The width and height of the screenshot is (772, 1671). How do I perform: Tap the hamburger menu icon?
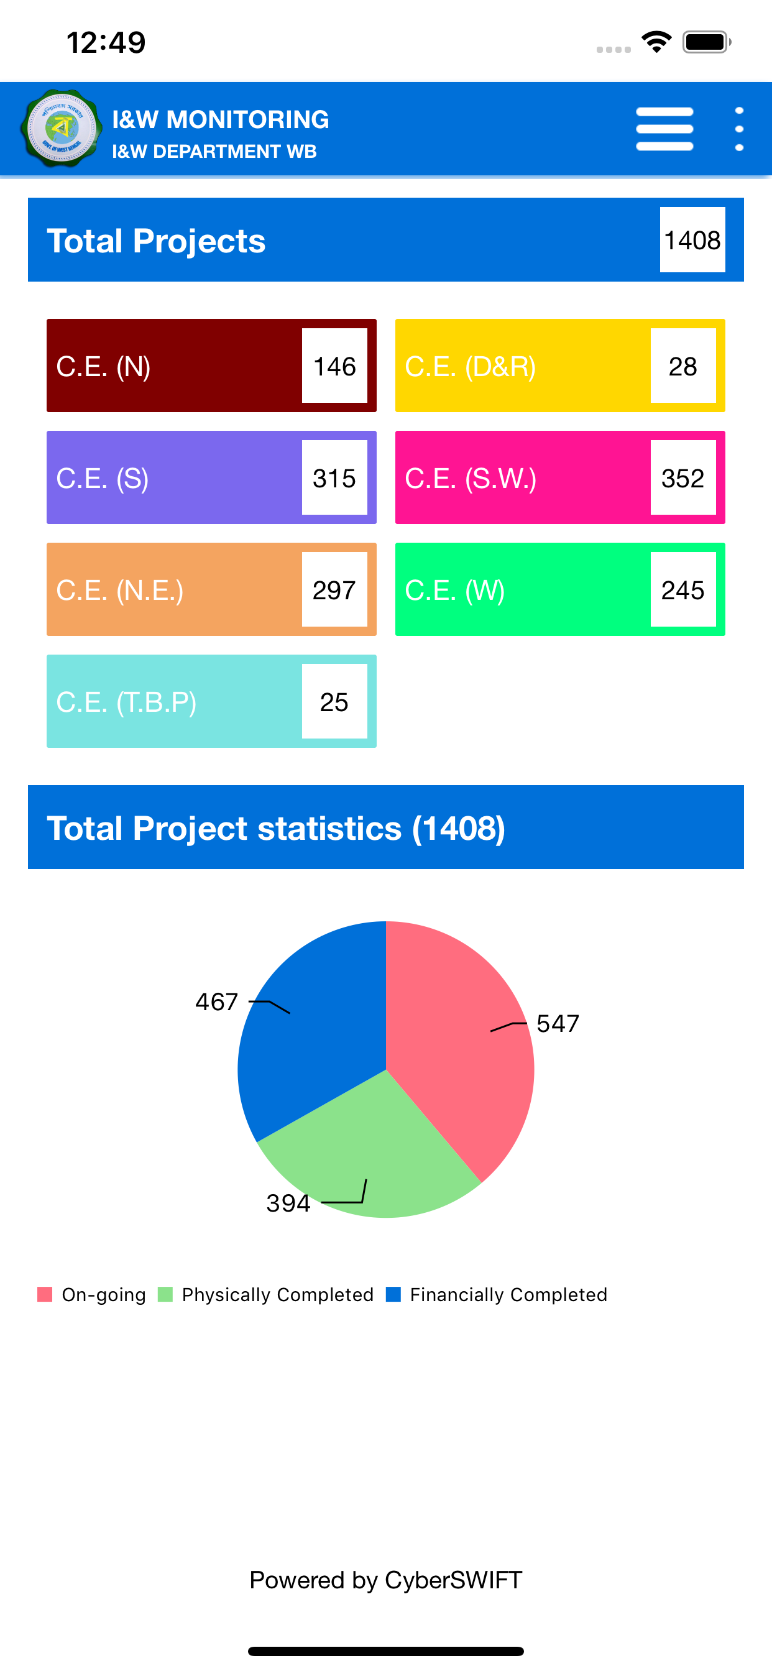(664, 129)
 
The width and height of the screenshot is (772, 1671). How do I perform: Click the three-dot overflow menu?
(739, 129)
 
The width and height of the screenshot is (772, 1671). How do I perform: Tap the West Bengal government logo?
(62, 129)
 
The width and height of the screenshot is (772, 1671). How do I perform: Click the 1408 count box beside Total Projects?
(692, 240)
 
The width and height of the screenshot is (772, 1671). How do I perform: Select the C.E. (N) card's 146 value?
(334, 366)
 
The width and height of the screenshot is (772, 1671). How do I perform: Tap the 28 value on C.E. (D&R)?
(683, 366)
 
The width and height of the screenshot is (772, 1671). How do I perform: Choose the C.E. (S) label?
(103, 479)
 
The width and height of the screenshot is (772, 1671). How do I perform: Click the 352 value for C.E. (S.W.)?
(683, 478)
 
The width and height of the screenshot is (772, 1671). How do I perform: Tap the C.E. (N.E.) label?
(120, 591)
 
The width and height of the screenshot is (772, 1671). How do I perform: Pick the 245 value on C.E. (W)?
(683, 590)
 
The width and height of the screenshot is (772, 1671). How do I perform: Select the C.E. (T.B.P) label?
(127, 702)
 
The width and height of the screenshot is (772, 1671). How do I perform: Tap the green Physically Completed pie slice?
(370, 1161)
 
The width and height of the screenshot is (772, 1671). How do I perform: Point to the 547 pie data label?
(558, 1024)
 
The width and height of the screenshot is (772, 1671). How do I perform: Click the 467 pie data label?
(217, 1001)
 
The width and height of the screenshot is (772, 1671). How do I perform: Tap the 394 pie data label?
(288, 1204)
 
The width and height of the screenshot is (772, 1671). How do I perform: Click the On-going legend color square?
(45, 1294)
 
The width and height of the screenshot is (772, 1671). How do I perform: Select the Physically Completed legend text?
(278, 1295)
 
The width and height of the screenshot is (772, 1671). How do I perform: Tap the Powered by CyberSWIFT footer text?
(386, 1580)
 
